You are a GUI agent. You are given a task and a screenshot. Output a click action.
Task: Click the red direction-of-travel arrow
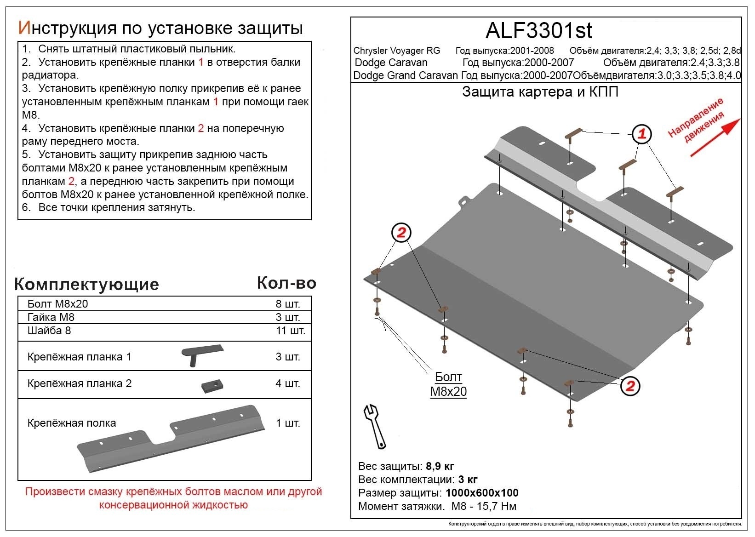pyautogui.click(x=715, y=137)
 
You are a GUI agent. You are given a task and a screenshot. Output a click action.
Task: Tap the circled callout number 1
pyautogui.click(x=642, y=134)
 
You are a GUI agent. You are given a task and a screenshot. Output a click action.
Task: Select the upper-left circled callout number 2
pyautogui.click(x=401, y=233)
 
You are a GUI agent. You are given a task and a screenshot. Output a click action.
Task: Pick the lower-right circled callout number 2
pyautogui.click(x=630, y=385)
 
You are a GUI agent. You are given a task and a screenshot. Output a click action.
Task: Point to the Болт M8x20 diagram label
pyautogui.click(x=448, y=384)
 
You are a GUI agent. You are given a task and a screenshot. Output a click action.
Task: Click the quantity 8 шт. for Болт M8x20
pyautogui.click(x=287, y=304)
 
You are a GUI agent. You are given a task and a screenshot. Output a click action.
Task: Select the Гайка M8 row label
pyautogui.click(x=51, y=317)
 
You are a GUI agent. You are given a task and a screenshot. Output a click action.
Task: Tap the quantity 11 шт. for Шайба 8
pyautogui.click(x=290, y=331)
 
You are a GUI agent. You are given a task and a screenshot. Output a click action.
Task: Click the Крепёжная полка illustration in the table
pyautogui.click(x=171, y=439)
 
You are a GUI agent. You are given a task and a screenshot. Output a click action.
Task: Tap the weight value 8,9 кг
pyautogui.click(x=440, y=466)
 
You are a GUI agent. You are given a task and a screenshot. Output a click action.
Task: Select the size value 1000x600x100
pyautogui.click(x=482, y=493)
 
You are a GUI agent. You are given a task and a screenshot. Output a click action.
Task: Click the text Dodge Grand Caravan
pyautogui.click(x=406, y=75)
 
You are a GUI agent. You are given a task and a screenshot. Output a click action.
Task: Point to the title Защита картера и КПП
pyautogui.click(x=540, y=92)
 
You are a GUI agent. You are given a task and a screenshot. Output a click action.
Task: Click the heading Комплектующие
pyautogui.click(x=86, y=284)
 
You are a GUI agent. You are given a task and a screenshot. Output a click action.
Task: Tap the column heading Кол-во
pyautogui.click(x=286, y=283)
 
